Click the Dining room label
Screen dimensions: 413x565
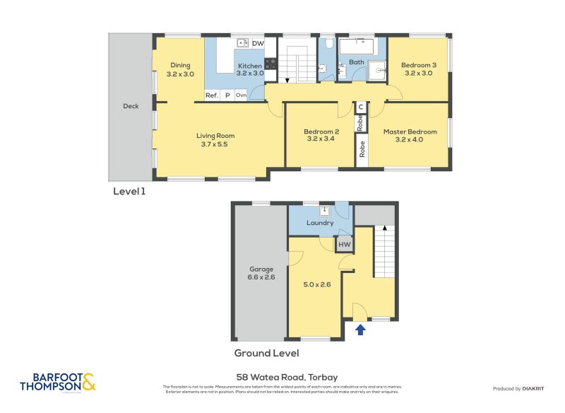point(179,66)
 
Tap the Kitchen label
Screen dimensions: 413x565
point(249,66)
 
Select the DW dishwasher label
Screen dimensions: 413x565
point(258,44)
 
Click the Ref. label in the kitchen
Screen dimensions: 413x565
point(211,95)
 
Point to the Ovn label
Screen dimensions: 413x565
point(241,95)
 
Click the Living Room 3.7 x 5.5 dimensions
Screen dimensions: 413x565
point(215,144)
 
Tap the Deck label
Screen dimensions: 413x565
point(131,106)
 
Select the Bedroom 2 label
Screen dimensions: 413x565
point(321,132)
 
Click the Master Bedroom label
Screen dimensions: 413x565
point(410,132)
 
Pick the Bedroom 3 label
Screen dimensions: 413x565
point(420,66)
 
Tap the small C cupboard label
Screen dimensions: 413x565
point(360,107)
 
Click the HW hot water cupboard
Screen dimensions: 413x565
point(344,245)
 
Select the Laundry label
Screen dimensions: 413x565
point(320,223)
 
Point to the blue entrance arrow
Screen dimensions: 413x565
point(360,328)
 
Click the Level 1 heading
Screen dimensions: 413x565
point(129,191)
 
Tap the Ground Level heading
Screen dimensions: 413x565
point(266,353)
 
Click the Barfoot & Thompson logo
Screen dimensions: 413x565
point(58,382)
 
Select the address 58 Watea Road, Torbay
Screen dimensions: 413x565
point(282,377)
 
